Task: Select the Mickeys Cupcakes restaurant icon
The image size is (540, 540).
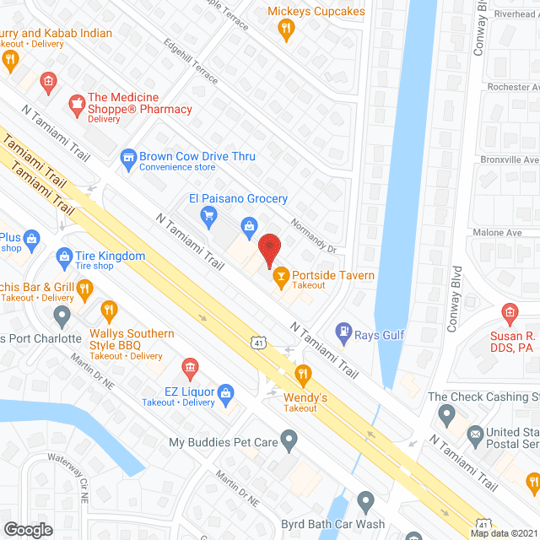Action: tap(287, 30)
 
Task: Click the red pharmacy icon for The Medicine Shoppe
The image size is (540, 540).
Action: tap(77, 105)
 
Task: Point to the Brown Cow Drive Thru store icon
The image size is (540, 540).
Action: tap(127, 156)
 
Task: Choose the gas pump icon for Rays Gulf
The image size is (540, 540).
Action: tap(343, 334)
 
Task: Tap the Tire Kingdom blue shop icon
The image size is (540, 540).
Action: tap(63, 256)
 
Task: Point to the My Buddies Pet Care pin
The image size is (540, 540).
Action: tap(289, 440)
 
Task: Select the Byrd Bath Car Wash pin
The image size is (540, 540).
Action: tap(365, 503)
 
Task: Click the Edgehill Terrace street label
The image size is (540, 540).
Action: tap(191, 61)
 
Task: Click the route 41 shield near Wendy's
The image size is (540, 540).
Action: tap(256, 342)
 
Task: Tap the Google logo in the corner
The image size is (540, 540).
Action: tap(27, 529)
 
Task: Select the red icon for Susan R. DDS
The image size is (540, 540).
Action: tap(510, 314)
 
